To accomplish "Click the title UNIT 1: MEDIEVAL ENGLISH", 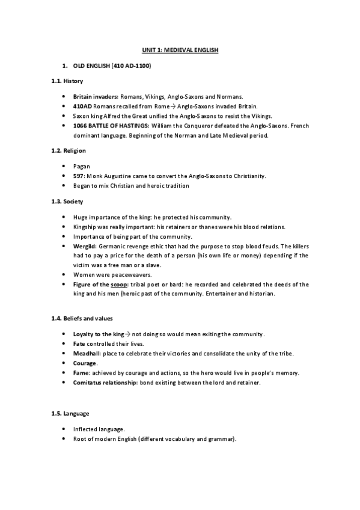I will coord(180,52).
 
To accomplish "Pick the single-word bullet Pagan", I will coord(81,165).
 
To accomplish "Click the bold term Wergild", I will coord(85,246).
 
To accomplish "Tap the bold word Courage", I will coord(85,363).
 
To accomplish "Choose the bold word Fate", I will coord(79,343).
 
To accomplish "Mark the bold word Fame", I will coord(81,372).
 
